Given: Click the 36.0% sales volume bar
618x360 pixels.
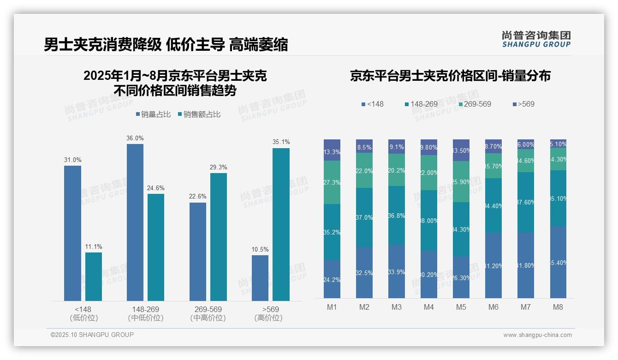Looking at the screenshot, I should (x=135, y=222).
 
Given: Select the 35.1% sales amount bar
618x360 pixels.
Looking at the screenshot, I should (x=281, y=224).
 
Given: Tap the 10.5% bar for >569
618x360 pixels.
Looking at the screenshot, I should (x=260, y=278).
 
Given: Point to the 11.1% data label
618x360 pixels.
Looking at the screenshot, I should (x=93, y=247).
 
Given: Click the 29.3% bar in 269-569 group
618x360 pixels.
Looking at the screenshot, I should (x=218, y=237).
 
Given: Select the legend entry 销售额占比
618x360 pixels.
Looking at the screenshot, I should (x=199, y=114).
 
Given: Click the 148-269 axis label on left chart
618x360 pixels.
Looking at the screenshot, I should (x=146, y=309).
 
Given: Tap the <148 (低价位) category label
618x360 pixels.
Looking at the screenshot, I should (x=83, y=313).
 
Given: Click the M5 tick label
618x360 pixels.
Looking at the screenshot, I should (x=461, y=307).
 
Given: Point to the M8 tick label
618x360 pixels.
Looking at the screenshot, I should (x=558, y=307).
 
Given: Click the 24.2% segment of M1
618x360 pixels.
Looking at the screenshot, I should (x=332, y=279).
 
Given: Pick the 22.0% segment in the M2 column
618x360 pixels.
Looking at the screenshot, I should (x=364, y=170).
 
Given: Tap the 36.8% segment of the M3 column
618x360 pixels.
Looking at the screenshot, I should (x=396, y=215).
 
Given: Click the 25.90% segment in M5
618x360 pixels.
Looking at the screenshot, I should (x=461, y=181).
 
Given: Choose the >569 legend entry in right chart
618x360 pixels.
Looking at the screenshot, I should (x=523, y=104).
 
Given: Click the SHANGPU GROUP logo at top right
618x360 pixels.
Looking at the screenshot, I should (x=536, y=39).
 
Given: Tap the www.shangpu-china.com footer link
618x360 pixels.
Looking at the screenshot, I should (x=537, y=335).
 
